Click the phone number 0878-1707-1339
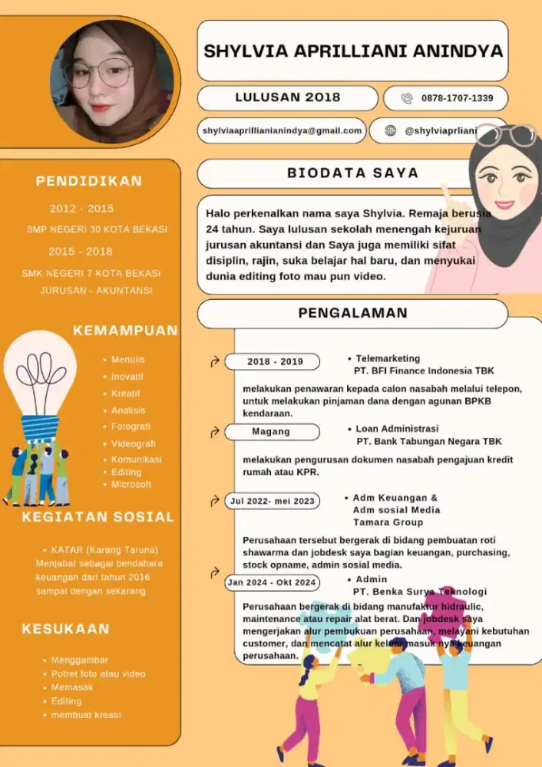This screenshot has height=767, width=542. [x=457, y=98]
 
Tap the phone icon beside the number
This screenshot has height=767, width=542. [x=408, y=98]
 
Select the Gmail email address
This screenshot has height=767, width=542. [x=282, y=131]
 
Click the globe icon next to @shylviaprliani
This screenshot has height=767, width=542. [x=390, y=131]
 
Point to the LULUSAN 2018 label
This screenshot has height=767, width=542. [x=287, y=97]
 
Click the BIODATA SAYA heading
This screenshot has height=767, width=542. [x=353, y=173]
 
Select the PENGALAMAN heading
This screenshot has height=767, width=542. [x=352, y=313]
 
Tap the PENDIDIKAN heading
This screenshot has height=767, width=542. [x=89, y=182]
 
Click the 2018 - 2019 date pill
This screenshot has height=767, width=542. [x=275, y=361]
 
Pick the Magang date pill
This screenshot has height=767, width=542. [x=271, y=432]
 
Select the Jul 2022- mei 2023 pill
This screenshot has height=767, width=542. [x=272, y=502]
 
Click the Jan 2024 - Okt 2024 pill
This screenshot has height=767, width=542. [x=272, y=583]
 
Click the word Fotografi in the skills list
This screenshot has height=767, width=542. [x=131, y=426]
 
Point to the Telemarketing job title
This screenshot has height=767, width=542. [x=388, y=358]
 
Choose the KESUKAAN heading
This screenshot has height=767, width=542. [x=65, y=629]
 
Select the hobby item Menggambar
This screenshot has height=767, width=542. [x=80, y=660]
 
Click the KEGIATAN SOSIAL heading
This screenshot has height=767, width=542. [x=98, y=517]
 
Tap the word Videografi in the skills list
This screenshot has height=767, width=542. [x=134, y=443]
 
